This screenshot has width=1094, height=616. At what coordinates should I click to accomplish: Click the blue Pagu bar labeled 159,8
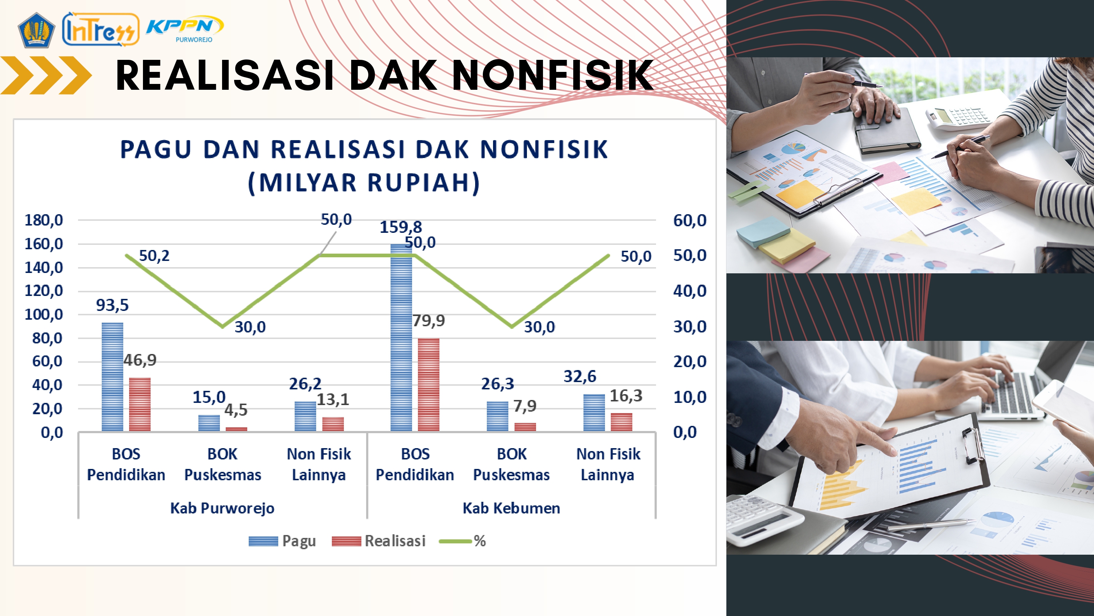pos(401,338)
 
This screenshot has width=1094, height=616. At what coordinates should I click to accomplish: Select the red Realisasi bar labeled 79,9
pos(428,385)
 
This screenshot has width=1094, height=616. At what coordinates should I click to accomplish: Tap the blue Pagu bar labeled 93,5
pos(113,377)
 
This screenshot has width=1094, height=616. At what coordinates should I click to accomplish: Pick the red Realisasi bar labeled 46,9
pos(140,404)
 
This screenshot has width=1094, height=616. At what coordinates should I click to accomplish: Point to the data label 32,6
pos(580,376)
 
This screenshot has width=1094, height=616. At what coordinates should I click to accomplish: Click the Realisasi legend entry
pos(379,541)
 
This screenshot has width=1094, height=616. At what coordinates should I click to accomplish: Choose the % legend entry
pos(462,541)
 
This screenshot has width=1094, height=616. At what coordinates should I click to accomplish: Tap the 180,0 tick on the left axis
pos(44,220)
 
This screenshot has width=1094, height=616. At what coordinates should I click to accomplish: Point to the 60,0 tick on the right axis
pos(690,220)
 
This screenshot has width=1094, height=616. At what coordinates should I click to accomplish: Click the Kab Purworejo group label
pos(222,508)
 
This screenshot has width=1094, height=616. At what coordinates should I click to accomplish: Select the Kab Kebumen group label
pos(511,508)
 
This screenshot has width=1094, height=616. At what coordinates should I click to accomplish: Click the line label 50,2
pos(154,255)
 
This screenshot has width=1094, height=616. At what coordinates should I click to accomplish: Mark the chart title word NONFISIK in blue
pos(544,149)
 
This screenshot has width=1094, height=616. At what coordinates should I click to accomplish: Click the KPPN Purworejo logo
pos(185,29)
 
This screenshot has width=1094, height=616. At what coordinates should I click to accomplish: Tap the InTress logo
pos(101,29)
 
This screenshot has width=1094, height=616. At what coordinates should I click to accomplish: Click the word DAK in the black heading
pos(393,75)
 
